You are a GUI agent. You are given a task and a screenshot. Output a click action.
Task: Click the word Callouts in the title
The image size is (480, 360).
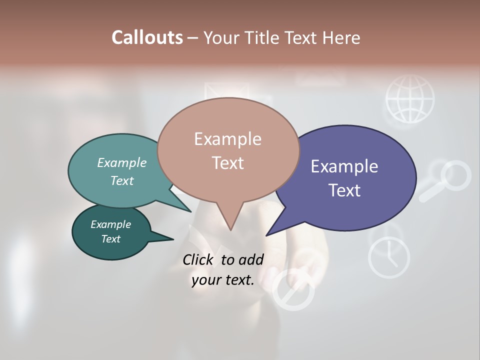(x=147, y=37)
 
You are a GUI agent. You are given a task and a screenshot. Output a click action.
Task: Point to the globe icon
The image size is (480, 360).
(x=410, y=98)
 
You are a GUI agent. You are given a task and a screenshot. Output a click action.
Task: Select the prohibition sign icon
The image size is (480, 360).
(x=292, y=290)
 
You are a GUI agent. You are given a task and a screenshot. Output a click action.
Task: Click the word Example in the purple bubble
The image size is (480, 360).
(x=344, y=166)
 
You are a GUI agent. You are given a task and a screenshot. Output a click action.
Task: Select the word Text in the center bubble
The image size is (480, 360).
(x=228, y=163)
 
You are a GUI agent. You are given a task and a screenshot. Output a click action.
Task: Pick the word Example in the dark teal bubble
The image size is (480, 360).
(x=111, y=224)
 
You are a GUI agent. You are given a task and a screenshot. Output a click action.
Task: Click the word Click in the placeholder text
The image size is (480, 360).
(x=199, y=259)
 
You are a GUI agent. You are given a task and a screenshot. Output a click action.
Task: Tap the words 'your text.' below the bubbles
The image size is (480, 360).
(x=223, y=280)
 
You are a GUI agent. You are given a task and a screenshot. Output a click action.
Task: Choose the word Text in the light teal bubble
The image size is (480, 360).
(x=122, y=181)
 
